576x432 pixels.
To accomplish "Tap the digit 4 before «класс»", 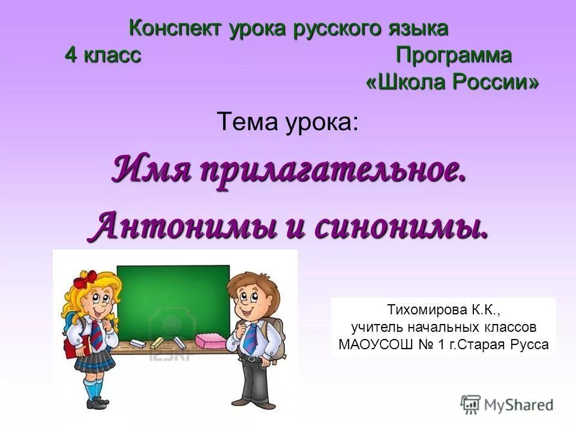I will point(71,56).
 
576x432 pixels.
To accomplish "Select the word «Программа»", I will point(454,56).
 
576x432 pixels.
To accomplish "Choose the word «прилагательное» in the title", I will point(332,170).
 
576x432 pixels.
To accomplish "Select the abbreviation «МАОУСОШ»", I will point(370,345).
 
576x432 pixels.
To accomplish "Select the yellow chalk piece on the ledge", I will point(157,343).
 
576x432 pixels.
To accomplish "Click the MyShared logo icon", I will point(471,404).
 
